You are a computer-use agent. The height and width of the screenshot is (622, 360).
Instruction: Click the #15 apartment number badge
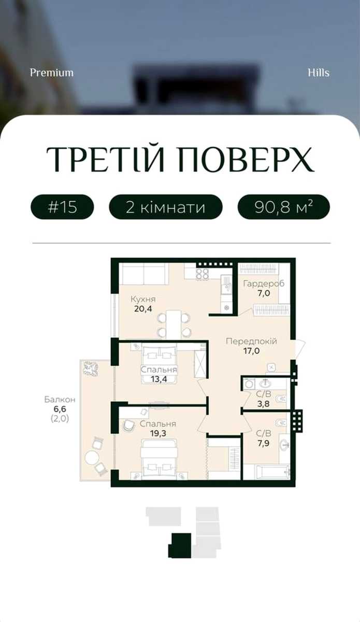pos(62,207)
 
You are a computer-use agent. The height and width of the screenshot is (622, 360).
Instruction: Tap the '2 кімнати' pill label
pos(166,207)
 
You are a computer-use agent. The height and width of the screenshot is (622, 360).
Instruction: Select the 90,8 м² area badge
pos(284,207)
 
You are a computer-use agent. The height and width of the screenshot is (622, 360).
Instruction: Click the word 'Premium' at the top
pos(52,73)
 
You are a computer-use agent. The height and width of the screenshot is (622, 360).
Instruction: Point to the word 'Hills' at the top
pos(319,73)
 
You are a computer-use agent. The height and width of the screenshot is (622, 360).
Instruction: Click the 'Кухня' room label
pos(143,300)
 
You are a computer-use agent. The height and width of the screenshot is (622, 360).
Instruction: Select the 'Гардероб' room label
pos(264,284)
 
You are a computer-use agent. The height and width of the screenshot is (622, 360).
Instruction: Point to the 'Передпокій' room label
pos(251,341)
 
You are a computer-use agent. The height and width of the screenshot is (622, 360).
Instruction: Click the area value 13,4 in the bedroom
pos(159,379)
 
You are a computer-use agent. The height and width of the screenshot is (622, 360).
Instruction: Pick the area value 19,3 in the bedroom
pos(157,433)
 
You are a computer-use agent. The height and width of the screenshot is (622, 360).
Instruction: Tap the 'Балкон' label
pos(60,400)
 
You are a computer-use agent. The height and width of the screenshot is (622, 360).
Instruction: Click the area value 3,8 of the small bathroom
pos(263,403)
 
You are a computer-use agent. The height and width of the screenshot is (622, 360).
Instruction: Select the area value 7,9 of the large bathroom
pos(263,443)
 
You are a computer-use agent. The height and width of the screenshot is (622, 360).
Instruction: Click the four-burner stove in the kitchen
pos(203,274)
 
